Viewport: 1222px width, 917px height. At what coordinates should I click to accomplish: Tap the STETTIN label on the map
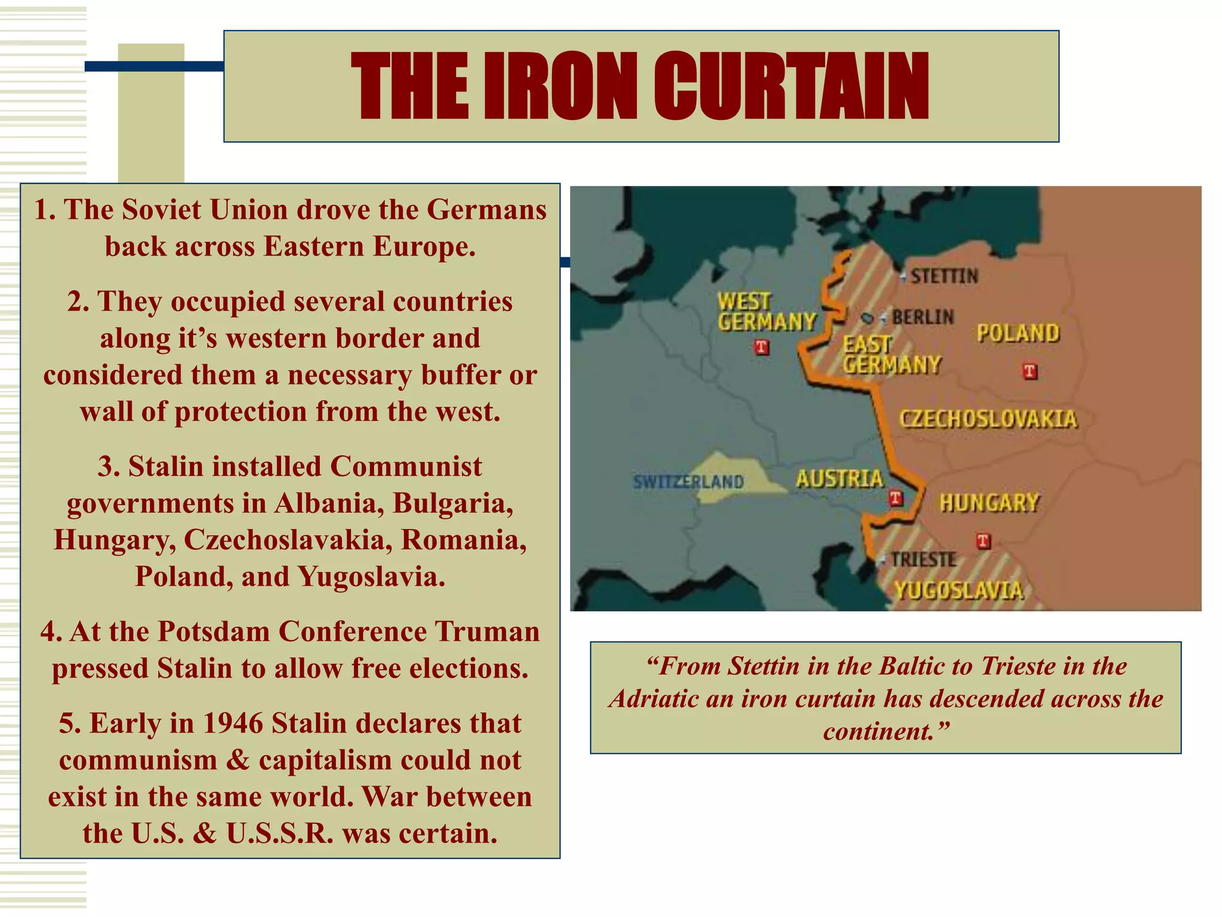coord(944,276)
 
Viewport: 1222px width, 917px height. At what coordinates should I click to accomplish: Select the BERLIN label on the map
coord(922,317)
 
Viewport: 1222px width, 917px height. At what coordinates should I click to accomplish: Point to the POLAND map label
coord(1018,333)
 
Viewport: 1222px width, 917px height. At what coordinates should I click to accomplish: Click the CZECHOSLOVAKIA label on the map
coord(988,419)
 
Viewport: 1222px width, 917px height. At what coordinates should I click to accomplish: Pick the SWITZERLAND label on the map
coord(688,481)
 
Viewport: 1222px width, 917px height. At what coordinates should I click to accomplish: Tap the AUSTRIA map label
coord(840,479)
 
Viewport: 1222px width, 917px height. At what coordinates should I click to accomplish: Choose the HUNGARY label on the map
coord(989,503)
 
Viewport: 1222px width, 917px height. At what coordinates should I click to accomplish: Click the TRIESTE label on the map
coord(923,559)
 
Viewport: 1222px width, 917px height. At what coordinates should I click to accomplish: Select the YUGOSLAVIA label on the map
coord(959,590)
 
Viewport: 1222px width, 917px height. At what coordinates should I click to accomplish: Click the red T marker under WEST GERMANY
coord(761,347)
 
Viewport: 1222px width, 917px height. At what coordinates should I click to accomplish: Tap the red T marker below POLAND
coord(1030,371)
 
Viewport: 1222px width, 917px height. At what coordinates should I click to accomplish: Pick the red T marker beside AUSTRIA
coord(895,498)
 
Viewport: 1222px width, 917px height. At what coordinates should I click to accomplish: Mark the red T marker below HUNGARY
coord(983,541)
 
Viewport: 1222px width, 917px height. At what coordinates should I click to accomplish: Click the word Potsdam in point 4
coord(214,632)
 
